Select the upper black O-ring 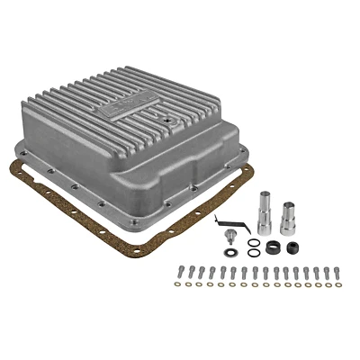pyautogui.click(x=256, y=241)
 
